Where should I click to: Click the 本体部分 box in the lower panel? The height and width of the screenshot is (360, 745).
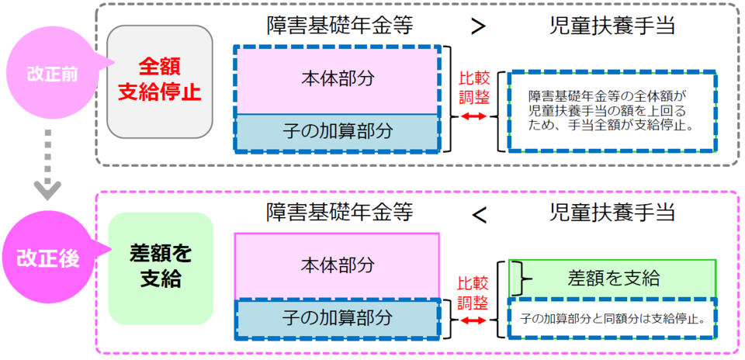tap(336, 264)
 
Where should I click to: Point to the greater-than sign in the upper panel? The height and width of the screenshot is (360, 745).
tap(480, 26)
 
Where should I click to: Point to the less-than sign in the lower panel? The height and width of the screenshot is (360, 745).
tap(480, 211)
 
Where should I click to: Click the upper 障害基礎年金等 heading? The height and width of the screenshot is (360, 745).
tap(339, 26)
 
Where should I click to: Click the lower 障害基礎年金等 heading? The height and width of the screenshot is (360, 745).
tap(339, 211)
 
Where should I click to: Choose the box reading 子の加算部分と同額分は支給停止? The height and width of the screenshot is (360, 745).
tap(611, 318)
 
